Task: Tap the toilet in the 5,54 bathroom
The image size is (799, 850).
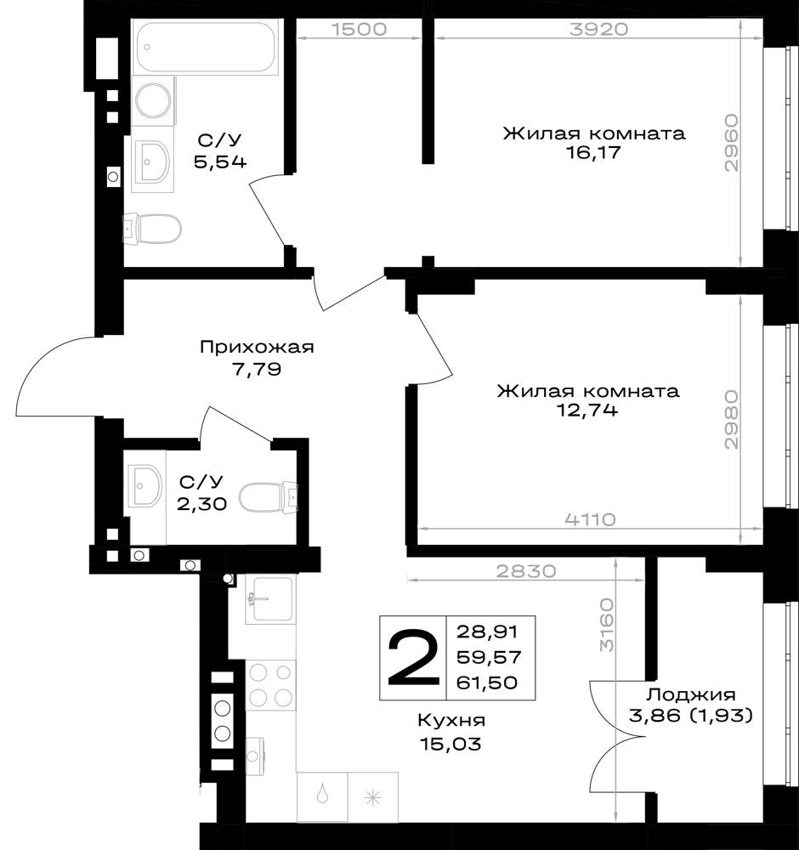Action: tap(152, 229)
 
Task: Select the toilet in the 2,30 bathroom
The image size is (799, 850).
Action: tap(269, 496)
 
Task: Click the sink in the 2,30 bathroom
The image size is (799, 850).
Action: tap(144, 485)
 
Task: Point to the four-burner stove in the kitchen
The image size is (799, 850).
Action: tap(270, 684)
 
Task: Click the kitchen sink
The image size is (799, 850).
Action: tap(270, 599)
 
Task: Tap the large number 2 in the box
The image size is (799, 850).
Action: tap(413, 658)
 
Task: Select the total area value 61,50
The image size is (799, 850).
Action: tap(487, 682)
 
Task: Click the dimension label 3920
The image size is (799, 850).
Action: tap(598, 29)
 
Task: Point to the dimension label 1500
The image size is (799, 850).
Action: tap(359, 29)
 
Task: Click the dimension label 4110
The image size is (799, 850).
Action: tap(590, 519)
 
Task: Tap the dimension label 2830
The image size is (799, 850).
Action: tap(526, 570)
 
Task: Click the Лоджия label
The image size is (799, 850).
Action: tap(690, 694)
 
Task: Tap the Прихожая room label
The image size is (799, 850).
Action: tap(257, 348)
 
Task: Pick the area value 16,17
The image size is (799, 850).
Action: tap(593, 152)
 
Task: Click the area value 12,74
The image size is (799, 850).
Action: tap(587, 411)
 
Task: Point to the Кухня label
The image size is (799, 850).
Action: tap(451, 721)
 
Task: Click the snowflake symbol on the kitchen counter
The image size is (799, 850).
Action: tap(372, 798)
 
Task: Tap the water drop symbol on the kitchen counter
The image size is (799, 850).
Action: tap(322, 794)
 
